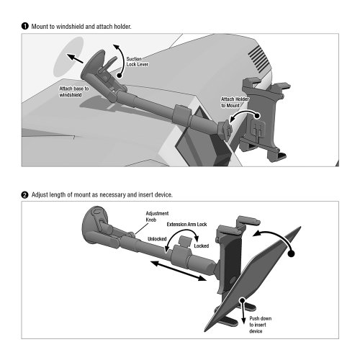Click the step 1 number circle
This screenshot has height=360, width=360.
24,27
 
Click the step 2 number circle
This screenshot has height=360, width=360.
24,194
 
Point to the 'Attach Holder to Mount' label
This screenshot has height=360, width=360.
235,102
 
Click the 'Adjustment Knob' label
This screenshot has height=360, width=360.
157,217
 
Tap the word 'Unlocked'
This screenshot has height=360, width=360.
158,239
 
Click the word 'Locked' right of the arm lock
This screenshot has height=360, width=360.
202,246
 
